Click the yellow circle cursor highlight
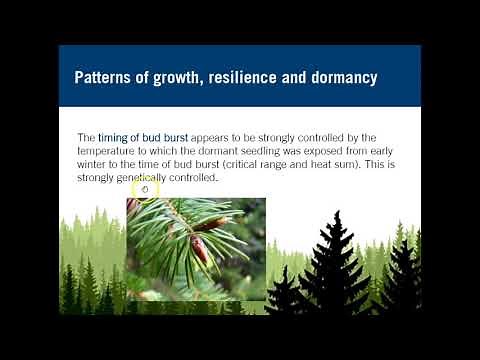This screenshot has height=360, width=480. (x=145, y=187)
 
